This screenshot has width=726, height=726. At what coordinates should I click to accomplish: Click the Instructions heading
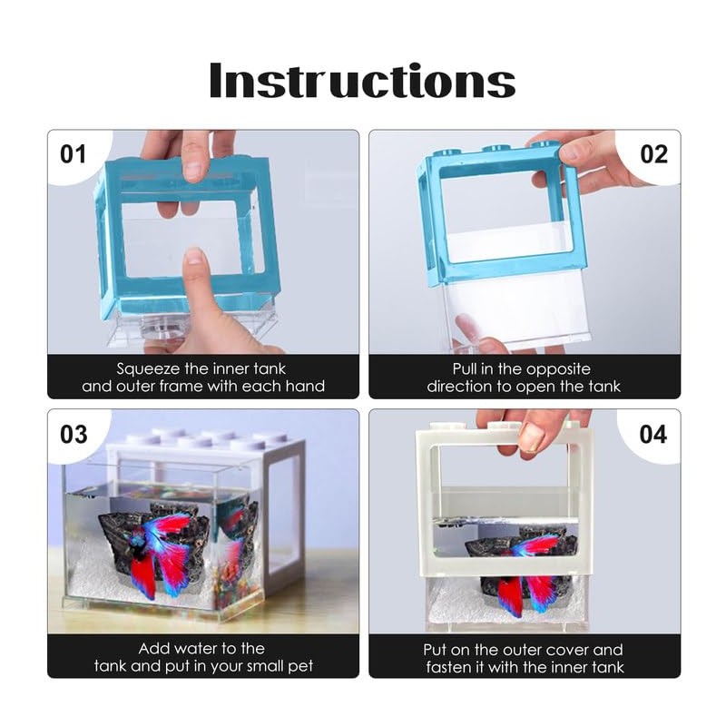[x=362, y=81]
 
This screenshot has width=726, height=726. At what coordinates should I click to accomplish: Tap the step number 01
[x=74, y=154]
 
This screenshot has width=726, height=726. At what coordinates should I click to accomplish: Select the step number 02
[x=653, y=154]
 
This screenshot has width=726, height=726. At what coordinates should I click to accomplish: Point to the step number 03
[x=74, y=435]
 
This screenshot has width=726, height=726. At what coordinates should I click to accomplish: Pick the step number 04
[x=653, y=435]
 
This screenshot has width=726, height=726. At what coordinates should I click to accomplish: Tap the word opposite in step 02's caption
[x=558, y=369]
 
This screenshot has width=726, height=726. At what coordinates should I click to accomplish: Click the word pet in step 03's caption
[x=300, y=667]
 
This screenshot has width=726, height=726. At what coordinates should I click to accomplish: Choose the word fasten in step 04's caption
[x=446, y=667]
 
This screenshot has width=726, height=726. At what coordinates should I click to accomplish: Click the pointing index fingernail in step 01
[x=194, y=256]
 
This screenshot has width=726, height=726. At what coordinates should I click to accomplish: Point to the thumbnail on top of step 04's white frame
[x=531, y=437]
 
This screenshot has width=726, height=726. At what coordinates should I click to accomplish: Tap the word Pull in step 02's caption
[x=465, y=369]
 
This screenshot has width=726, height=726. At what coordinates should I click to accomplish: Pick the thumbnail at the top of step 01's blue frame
[x=192, y=171]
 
